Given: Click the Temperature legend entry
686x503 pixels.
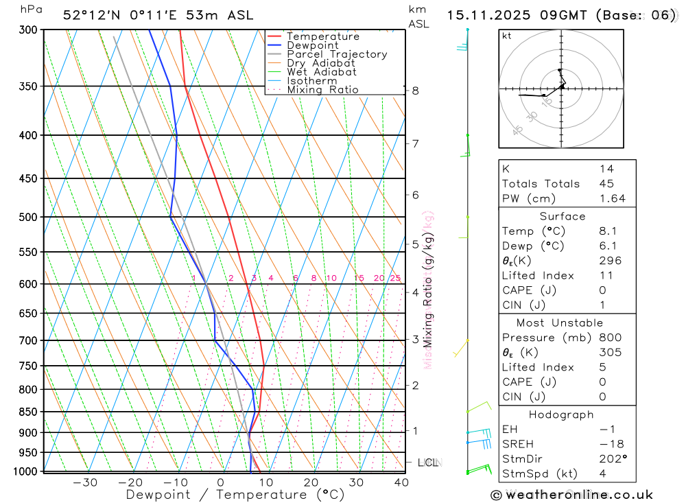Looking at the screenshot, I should click(322, 36).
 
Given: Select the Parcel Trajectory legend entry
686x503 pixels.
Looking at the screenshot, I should click(337, 54).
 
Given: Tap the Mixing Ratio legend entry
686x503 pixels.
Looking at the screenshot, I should click(322, 90).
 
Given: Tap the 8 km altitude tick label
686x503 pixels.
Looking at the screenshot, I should click(415, 91).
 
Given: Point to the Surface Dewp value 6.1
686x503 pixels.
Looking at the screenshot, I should click(606, 246).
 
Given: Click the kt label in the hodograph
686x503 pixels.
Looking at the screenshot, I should click(507, 36).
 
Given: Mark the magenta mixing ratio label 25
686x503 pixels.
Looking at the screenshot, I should click(395, 278).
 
